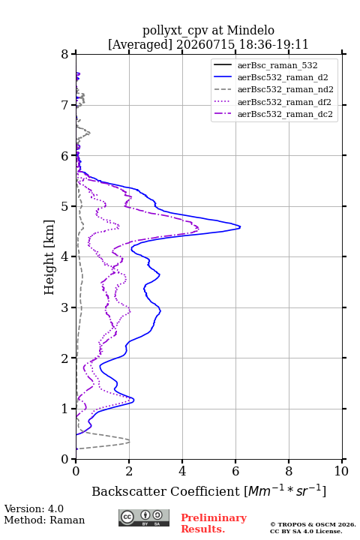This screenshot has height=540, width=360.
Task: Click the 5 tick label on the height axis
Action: (x=65, y=206)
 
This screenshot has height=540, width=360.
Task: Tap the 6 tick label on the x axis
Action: (x=235, y=471)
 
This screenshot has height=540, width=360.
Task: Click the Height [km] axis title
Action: (x=49, y=257)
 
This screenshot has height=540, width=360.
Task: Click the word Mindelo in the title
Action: (x=250, y=30)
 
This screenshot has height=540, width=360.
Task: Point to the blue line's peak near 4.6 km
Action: (x=240, y=226)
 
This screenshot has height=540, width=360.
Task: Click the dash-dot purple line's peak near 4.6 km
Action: (x=199, y=228)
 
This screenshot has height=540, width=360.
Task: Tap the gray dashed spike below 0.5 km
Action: (x=130, y=441)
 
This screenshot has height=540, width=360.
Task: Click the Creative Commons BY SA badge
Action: (x=144, y=517)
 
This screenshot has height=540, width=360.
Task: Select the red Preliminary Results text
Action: (x=214, y=523)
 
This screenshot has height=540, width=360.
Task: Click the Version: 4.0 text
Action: (x=34, y=508)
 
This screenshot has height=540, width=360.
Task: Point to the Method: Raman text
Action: (x=44, y=520)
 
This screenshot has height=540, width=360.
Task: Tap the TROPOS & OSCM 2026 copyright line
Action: (x=313, y=524)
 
